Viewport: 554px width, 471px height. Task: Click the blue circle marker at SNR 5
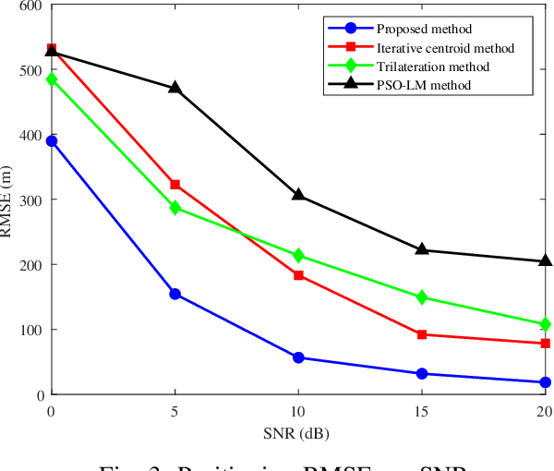(x=175, y=294)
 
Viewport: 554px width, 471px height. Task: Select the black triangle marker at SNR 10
(x=298, y=195)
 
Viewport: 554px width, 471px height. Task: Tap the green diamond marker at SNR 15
(x=422, y=297)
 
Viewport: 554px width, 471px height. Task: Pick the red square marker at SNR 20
(x=545, y=344)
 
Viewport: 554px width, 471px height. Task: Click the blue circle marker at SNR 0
(x=52, y=141)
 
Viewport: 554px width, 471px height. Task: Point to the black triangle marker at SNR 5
(x=175, y=88)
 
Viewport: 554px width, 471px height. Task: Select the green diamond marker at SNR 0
(x=52, y=79)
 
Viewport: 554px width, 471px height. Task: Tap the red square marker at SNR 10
(x=298, y=275)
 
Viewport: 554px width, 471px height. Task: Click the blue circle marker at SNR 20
(x=545, y=382)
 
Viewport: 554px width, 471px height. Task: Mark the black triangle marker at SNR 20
(x=545, y=260)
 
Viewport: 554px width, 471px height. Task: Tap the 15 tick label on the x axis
(x=422, y=410)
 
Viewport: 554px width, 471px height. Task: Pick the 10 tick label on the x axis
(x=298, y=410)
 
